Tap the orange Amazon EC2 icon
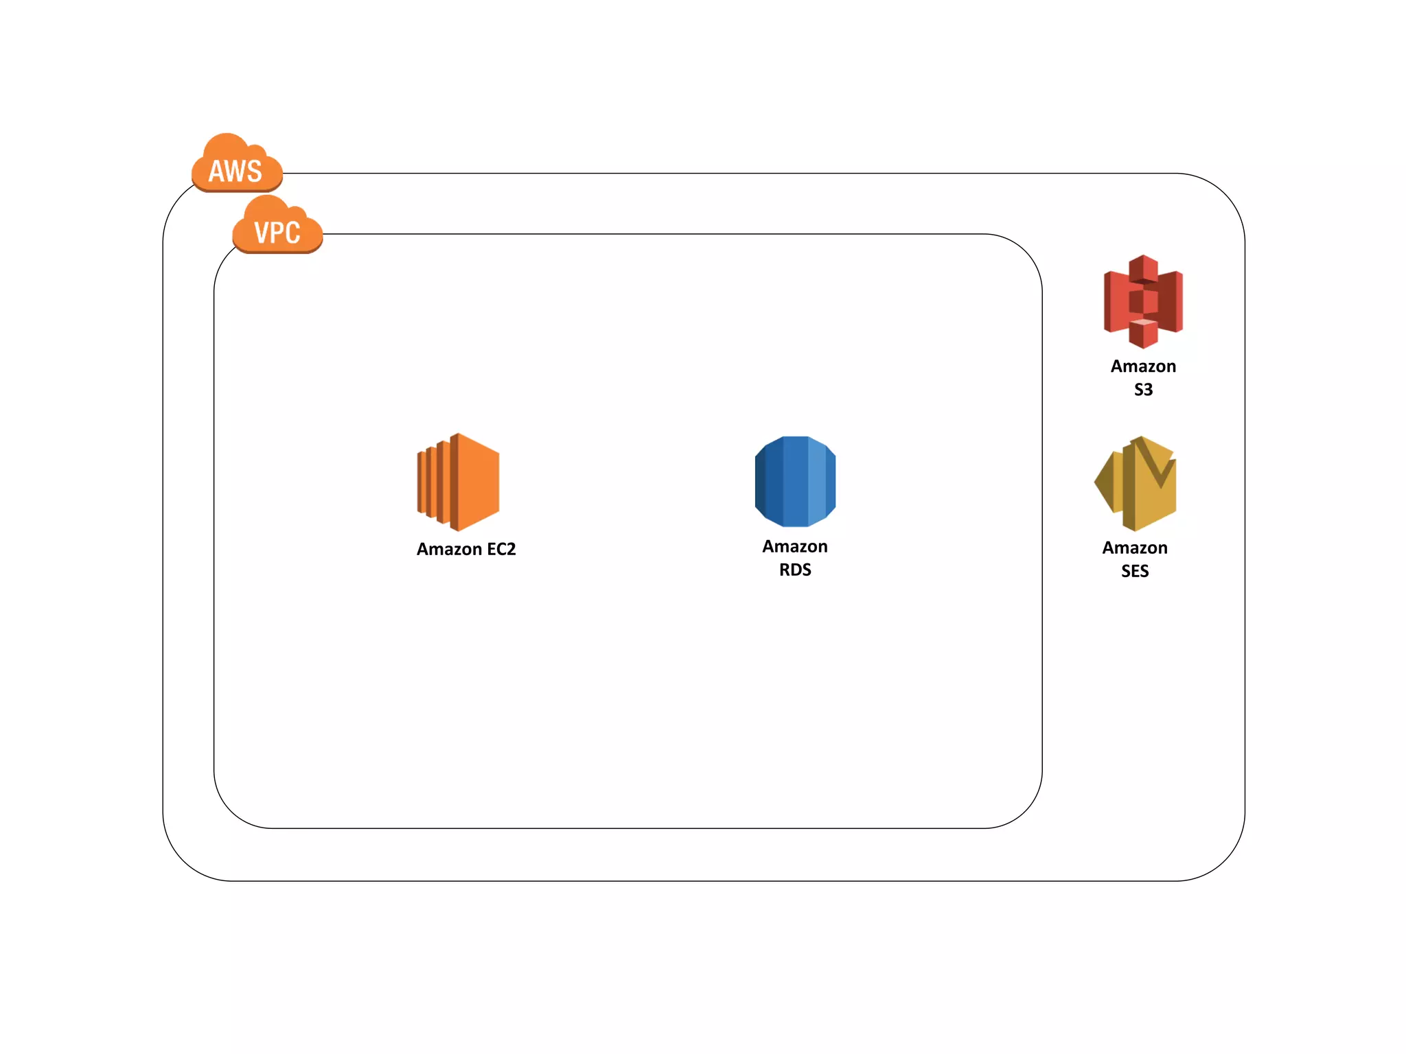459,482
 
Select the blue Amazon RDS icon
795,481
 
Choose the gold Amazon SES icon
1136,483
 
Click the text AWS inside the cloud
235,172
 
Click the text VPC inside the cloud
277,233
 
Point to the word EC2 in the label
501,549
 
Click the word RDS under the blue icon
795,570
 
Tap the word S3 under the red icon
1143,390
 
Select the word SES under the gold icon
1135,571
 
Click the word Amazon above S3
1143,366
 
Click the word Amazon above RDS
795,547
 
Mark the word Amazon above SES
1135,548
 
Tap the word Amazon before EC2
449,549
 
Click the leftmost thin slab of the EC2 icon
421,482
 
